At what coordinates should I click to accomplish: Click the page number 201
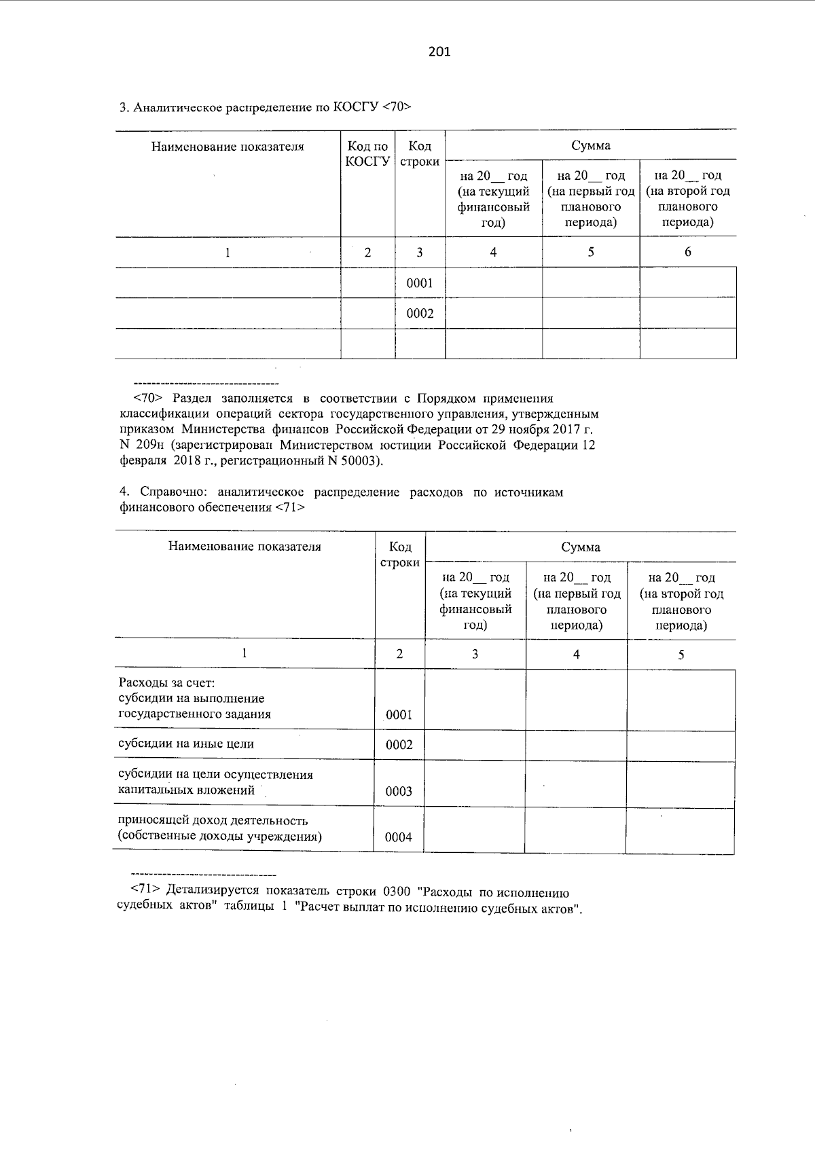(x=439, y=52)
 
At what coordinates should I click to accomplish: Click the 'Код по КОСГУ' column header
(x=367, y=153)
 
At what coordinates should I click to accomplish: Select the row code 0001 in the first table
(x=420, y=283)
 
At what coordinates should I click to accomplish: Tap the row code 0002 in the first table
(x=420, y=314)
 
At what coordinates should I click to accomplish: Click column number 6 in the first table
(x=687, y=252)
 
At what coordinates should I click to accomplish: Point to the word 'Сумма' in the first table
(x=590, y=145)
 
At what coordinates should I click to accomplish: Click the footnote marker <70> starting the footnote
(x=147, y=399)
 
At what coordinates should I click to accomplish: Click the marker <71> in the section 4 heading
(x=290, y=507)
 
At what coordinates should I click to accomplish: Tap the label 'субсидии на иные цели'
(x=186, y=744)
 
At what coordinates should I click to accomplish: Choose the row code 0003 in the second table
(x=399, y=791)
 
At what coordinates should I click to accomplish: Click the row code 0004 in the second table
(x=399, y=837)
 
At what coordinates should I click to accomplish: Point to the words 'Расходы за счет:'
(x=166, y=683)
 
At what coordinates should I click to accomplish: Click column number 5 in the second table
(x=681, y=655)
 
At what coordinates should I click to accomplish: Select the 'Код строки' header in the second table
(x=399, y=555)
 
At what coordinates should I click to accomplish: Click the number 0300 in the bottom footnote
(x=397, y=892)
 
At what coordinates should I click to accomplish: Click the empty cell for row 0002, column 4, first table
(x=494, y=314)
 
